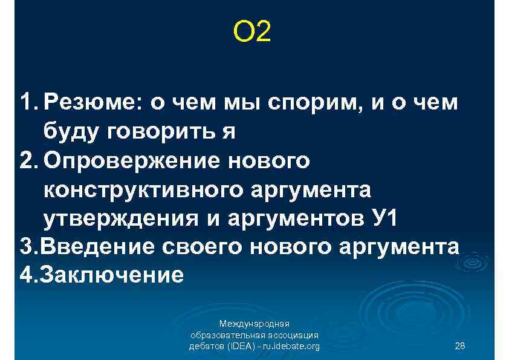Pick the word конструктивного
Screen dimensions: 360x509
143,190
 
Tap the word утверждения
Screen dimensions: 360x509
114,218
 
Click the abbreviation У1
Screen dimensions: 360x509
383,218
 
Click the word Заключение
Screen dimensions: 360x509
109,276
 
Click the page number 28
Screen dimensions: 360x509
459,346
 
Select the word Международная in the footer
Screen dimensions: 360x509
254,324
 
